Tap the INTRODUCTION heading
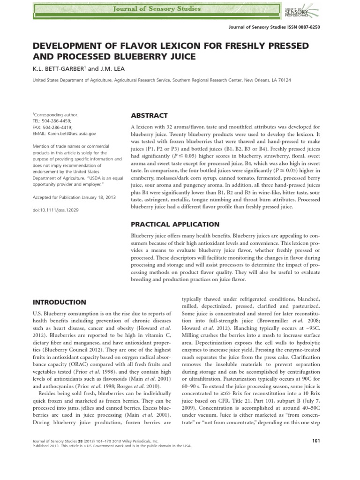[x=59, y=302]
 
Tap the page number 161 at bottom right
[x=315, y=441]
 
